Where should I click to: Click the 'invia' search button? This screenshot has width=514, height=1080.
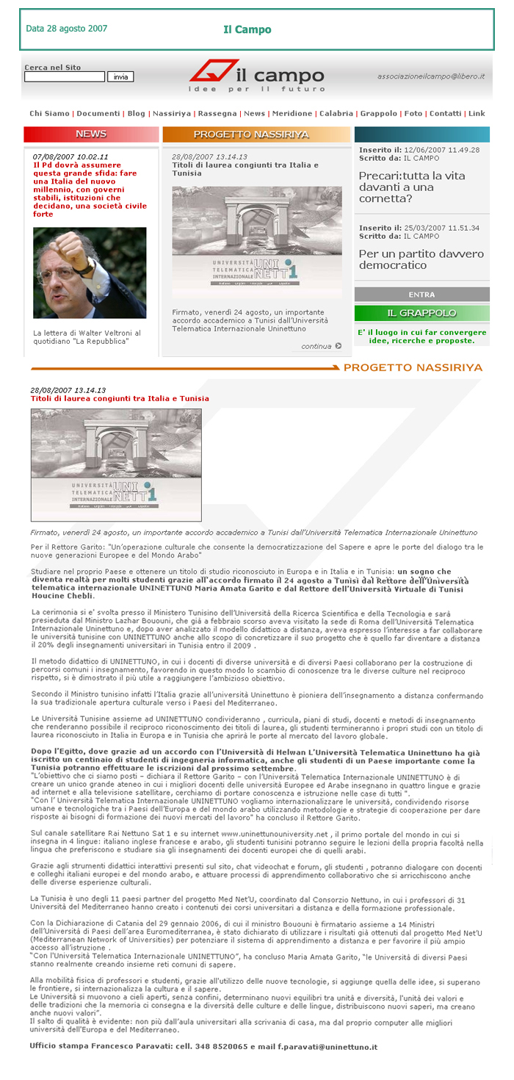(120, 76)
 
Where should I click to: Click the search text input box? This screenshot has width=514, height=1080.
(65, 76)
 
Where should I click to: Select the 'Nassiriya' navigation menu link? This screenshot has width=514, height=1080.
(172, 114)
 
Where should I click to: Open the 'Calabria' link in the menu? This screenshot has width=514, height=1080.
(336, 114)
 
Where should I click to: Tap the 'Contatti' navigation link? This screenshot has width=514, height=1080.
(446, 114)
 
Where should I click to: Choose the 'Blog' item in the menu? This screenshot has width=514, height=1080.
(136, 114)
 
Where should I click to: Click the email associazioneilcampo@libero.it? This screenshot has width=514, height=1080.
(431, 76)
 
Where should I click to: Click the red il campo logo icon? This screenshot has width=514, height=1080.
(212, 71)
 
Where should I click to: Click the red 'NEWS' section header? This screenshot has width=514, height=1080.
(91, 134)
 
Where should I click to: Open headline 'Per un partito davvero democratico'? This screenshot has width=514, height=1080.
(421, 259)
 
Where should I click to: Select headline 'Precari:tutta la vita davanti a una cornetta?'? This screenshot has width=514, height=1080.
(411, 187)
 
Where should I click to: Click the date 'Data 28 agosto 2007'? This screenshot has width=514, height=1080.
(67, 29)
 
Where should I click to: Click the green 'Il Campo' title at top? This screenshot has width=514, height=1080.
(247, 30)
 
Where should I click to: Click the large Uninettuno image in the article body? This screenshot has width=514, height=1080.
(116, 465)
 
